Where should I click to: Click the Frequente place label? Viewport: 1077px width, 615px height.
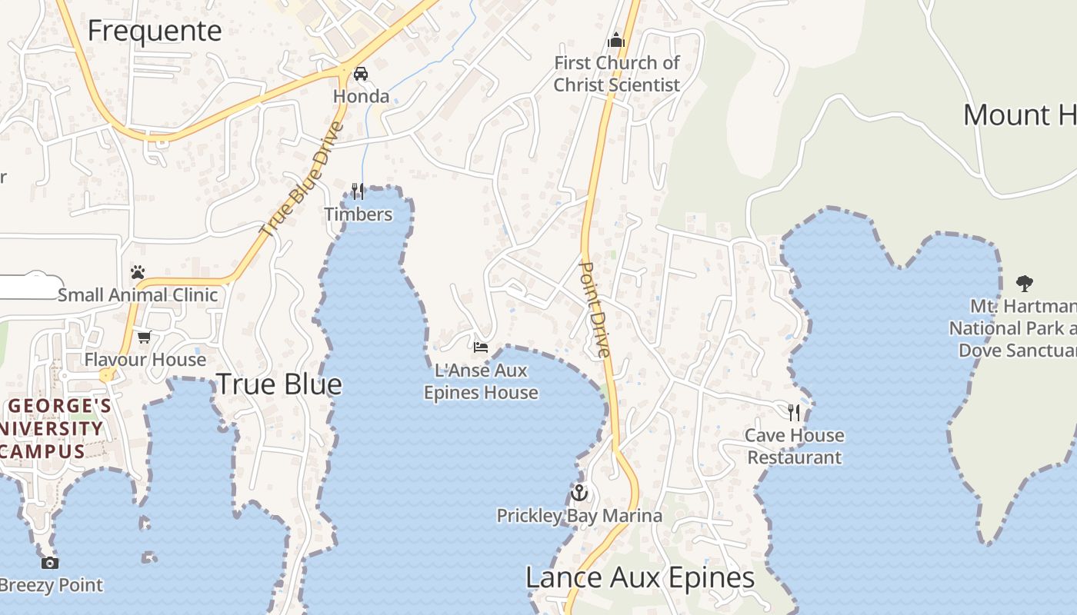[155, 31]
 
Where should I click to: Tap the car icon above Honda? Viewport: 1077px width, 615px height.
[360, 74]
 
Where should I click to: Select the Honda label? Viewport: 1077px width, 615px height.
[361, 96]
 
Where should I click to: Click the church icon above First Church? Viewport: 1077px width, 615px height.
[615, 40]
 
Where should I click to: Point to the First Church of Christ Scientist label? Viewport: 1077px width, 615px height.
[617, 74]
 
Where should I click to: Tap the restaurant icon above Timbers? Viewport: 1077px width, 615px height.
[358, 191]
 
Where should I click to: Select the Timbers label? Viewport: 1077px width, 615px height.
[358, 214]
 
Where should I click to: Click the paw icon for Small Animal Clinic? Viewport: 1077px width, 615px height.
[138, 272]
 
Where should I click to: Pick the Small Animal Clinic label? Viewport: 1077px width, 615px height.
[138, 295]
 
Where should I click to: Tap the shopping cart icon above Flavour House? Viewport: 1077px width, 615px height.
[144, 337]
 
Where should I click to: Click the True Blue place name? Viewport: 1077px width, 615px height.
[278, 384]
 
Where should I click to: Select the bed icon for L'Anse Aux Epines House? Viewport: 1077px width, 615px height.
[481, 347]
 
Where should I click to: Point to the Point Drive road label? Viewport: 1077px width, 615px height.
[594, 309]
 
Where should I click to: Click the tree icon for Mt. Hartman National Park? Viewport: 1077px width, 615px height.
[1024, 283]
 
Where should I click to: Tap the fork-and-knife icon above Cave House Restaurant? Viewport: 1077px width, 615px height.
[794, 413]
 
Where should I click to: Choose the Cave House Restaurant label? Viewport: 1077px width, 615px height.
[795, 447]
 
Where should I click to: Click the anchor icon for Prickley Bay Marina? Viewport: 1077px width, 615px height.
[579, 493]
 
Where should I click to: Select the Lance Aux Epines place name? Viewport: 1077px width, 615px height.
[640, 578]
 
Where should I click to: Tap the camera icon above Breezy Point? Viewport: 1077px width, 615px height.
[50, 563]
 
